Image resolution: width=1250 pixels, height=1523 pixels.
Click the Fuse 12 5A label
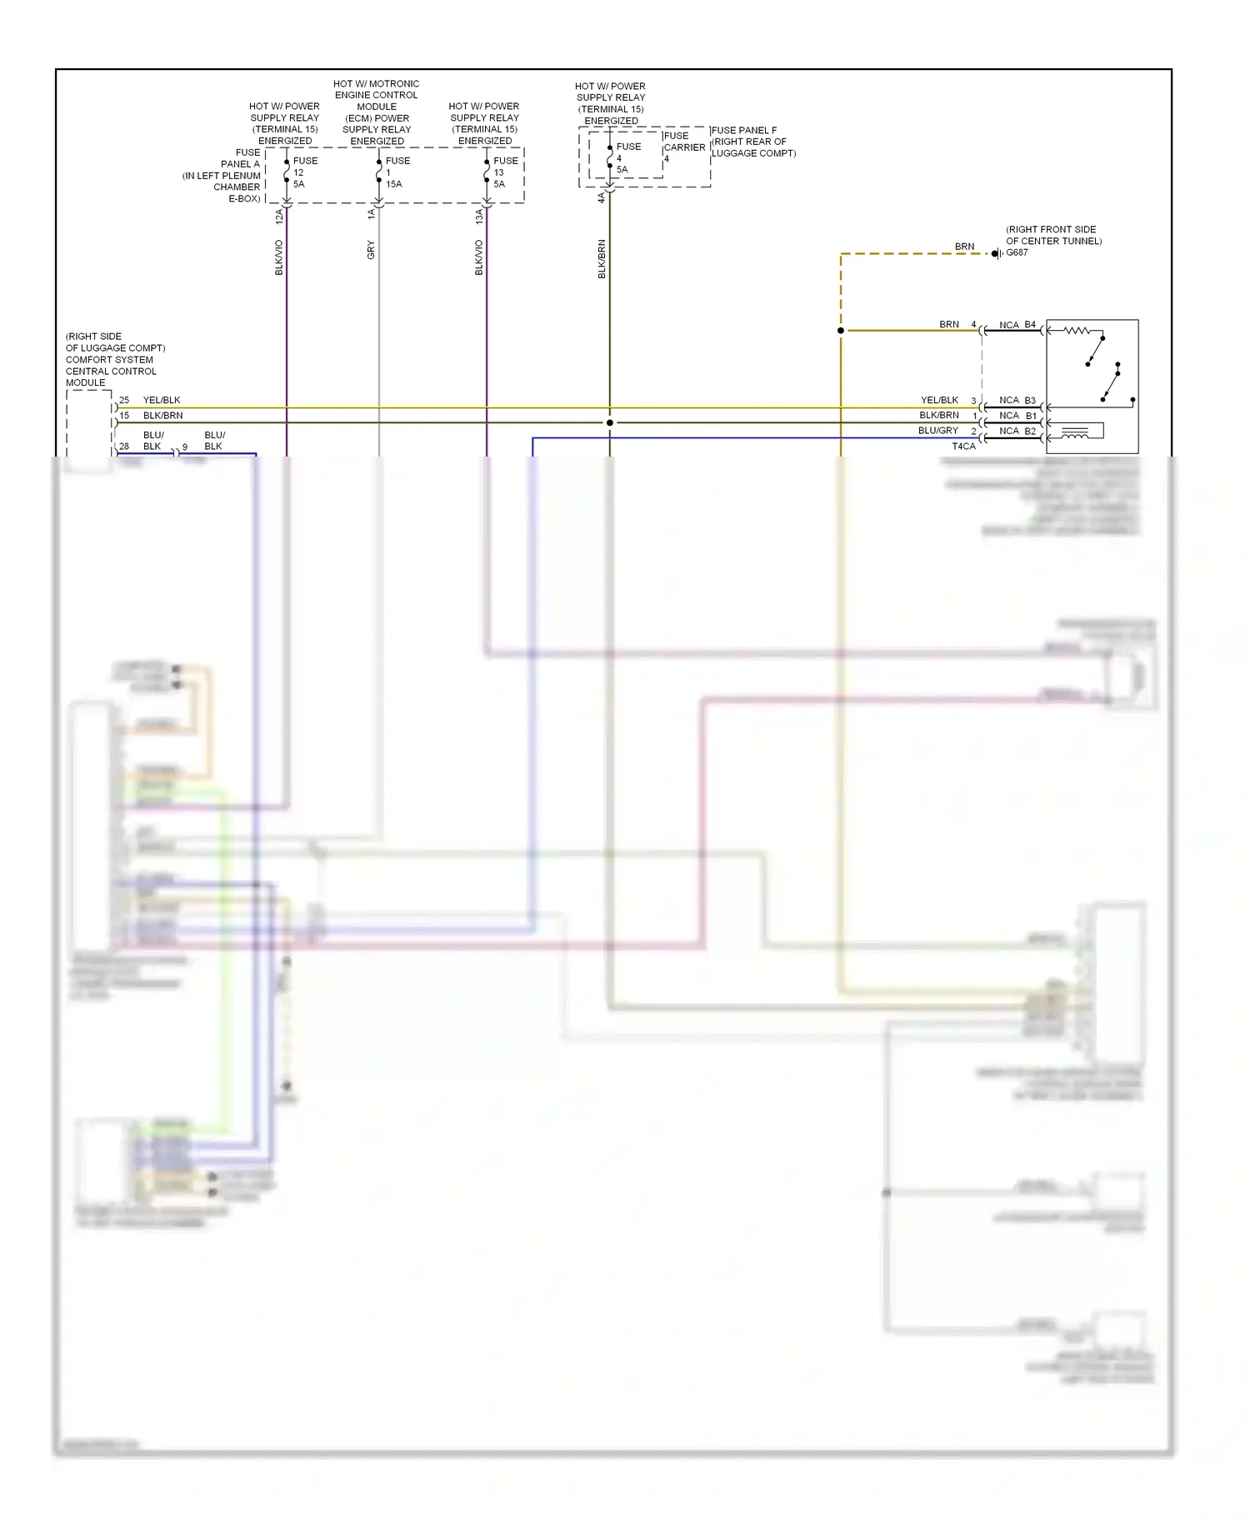[x=304, y=172]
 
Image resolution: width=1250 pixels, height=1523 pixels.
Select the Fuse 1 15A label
[x=396, y=172]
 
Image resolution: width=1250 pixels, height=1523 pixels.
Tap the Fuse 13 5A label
[x=504, y=172]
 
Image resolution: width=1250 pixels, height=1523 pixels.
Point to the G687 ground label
[x=1017, y=252]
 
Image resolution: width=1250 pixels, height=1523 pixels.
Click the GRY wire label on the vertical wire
[x=371, y=249]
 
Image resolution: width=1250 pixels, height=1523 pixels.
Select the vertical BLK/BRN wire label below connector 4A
[x=602, y=258]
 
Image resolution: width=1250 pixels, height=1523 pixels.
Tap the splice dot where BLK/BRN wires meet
[x=610, y=422]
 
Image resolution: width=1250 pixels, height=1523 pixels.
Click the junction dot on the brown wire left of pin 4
[x=841, y=331]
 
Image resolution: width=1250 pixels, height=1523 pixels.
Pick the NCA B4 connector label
[x=1017, y=325]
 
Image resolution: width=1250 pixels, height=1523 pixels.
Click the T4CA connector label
[x=963, y=447]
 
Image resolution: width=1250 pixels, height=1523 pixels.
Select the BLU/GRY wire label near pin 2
[x=938, y=431]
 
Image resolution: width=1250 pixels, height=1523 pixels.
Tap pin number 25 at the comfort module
[x=124, y=400]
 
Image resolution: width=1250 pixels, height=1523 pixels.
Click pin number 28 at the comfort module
[x=124, y=447]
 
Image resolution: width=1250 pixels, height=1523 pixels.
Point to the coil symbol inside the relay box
[x=1075, y=432]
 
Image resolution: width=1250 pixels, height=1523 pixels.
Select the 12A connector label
[x=279, y=217]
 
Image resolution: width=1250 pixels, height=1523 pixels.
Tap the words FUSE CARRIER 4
[x=684, y=147]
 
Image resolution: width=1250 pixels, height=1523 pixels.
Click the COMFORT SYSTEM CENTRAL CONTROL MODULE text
[x=111, y=366]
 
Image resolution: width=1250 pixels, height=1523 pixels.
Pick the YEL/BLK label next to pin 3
[x=939, y=400]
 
